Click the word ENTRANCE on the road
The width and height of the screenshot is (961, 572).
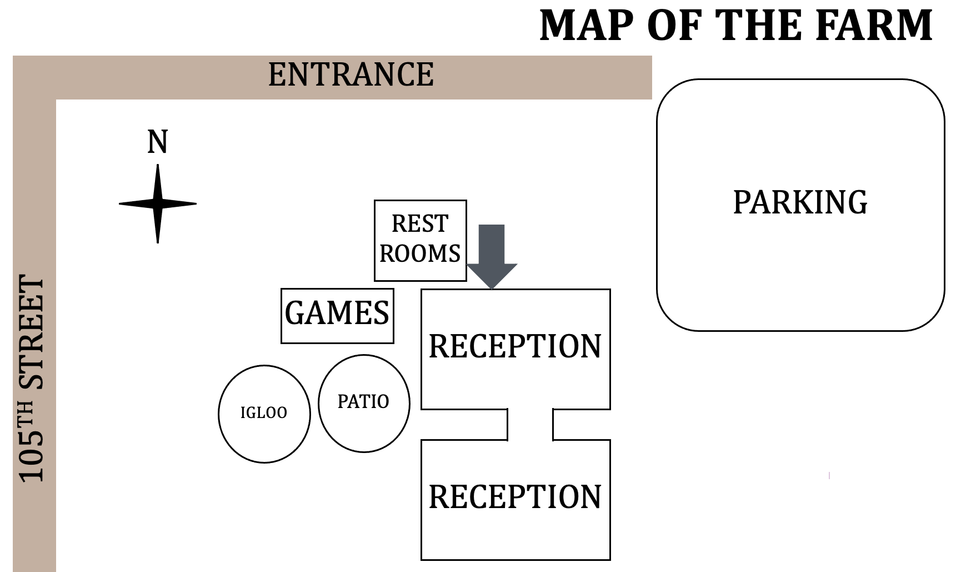click(x=351, y=75)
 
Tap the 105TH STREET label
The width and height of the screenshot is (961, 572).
click(x=32, y=378)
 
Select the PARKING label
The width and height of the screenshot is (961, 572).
click(x=800, y=202)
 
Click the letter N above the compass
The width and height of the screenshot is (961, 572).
click(x=158, y=142)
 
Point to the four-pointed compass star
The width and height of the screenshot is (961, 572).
click(x=158, y=204)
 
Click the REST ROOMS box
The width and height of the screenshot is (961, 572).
click(x=421, y=240)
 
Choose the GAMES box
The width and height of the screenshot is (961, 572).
click(x=337, y=315)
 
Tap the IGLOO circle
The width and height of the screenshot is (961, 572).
click(x=264, y=414)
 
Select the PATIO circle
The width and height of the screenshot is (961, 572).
click(x=364, y=402)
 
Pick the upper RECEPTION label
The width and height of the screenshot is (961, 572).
click(x=515, y=347)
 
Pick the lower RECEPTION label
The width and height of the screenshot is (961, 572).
click(x=515, y=497)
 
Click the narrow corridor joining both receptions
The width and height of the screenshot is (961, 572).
click(x=530, y=425)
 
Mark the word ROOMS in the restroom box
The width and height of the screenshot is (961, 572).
click(x=420, y=254)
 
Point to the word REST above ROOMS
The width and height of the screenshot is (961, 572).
click(x=420, y=224)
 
